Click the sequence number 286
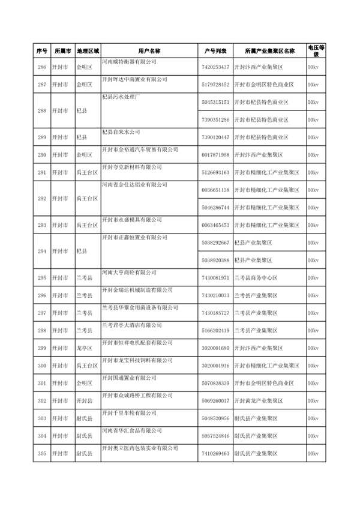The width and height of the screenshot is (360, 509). (x=41, y=67)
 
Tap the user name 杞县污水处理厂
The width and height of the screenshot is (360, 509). (x=121, y=96)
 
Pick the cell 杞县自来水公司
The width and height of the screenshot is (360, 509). (x=121, y=131)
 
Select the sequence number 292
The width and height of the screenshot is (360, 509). (x=41, y=199)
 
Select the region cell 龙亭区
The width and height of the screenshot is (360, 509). (x=83, y=348)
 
